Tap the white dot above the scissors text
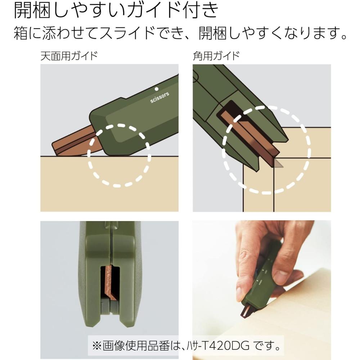pyautogui.click(x=156, y=89)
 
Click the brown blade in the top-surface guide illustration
pyautogui.click(x=72, y=142)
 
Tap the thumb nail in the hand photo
pyautogui.click(x=281, y=278)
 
